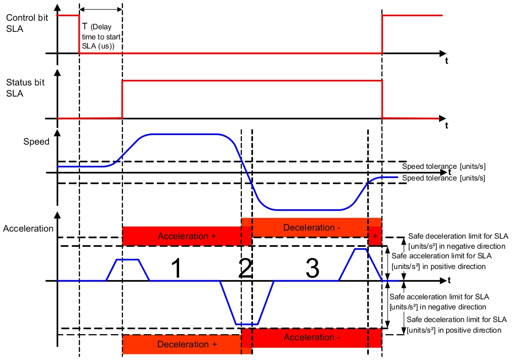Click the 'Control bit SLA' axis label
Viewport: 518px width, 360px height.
tap(27, 23)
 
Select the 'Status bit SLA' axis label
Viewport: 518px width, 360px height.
tap(25, 88)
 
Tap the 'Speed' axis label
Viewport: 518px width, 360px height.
tap(36, 142)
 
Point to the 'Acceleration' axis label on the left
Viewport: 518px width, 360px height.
tap(28, 229)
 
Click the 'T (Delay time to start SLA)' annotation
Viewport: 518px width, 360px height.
tap(101, 36)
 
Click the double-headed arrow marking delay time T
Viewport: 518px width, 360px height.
tap(101, 9)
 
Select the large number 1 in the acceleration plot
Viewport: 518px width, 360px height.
tap(177, 268)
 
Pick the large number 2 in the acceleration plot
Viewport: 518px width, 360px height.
tap(245, 268)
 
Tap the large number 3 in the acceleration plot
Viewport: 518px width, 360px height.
tap(312, 268)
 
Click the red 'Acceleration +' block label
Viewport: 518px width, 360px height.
tap(187, 236)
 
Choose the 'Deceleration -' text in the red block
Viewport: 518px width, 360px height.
tap(312, 228)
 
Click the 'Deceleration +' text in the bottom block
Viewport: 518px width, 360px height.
tap(187, 344)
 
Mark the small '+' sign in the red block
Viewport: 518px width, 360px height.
tap(375, 236)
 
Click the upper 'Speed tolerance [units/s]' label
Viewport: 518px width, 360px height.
tap(444, 166)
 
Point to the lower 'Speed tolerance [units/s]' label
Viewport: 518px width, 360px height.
tap(444, 178)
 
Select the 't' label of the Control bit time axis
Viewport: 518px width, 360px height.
tap(447, 61)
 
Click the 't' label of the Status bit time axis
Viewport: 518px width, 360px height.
tap(447, 125)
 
